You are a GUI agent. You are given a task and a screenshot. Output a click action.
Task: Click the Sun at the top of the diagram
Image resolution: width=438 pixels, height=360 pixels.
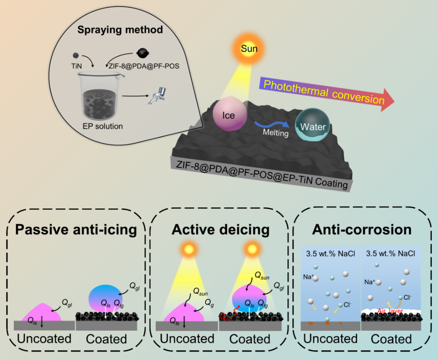click(249, 49)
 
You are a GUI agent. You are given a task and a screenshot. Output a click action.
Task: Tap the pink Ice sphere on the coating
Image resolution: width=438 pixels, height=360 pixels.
click(229, 115)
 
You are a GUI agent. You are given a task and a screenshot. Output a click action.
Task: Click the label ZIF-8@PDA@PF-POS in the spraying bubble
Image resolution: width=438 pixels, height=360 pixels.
click(146, 66)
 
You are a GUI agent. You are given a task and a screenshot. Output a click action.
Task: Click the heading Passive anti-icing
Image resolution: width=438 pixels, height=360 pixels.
click(76, 230)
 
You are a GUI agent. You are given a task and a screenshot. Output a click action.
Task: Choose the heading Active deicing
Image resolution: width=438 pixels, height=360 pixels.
click(220, 230)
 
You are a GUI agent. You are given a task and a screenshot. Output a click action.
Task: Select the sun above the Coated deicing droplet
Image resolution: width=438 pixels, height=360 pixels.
click(251, 248)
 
